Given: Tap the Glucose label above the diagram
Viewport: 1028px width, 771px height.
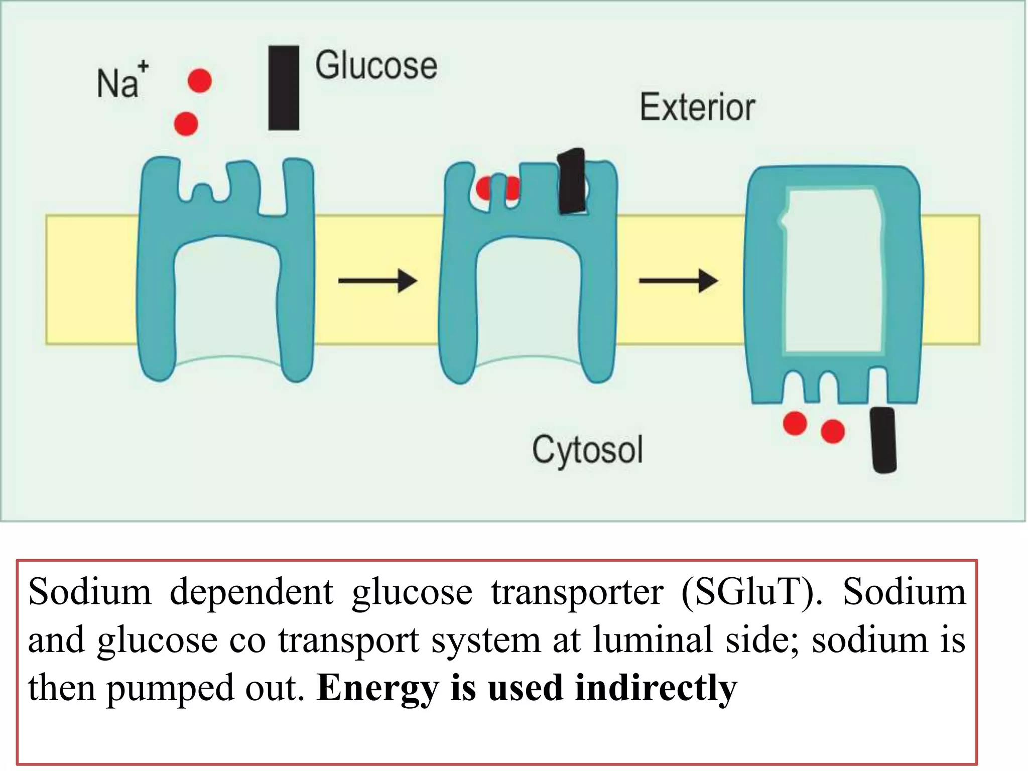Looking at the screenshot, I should click(x=376, y=66).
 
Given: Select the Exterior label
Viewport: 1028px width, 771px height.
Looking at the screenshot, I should click(x=697, y=107).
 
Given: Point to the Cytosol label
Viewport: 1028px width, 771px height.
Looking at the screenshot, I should click(x=587, y=450).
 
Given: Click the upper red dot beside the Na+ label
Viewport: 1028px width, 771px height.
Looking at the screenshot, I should click(x=200, y=81).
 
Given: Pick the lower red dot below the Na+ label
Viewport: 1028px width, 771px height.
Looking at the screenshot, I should click(x=186, y=123).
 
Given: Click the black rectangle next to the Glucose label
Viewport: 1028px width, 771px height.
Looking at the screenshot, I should click(x=284, y=88).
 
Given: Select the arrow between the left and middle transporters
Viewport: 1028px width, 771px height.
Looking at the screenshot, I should click(x=377, y=281).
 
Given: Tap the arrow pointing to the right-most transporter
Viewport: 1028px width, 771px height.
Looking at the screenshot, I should click(x=678, y=281).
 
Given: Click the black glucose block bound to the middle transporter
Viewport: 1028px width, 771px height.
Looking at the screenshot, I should click(x=572, y=181).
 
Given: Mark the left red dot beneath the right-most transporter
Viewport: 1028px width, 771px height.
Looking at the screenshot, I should click(x=795, y=423).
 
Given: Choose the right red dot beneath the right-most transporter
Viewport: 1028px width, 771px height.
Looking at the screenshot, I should click(x=833, y=431).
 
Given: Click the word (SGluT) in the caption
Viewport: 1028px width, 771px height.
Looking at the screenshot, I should click(x=752, y=593).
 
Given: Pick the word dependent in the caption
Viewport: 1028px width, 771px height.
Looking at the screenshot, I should click(x=251, y=593).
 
